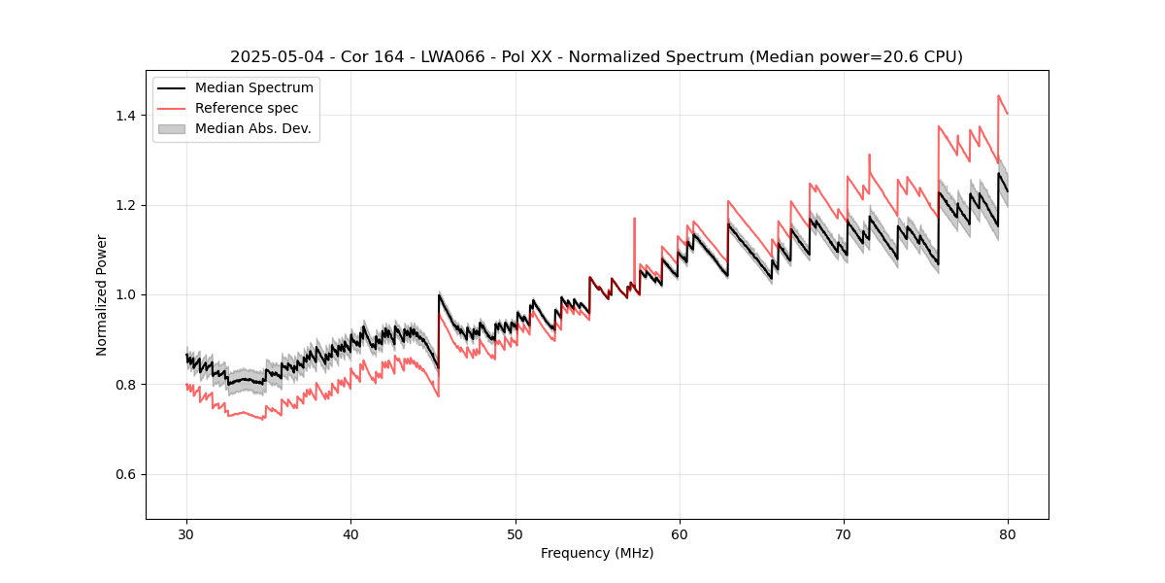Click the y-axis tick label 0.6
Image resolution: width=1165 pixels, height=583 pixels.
(126, 474)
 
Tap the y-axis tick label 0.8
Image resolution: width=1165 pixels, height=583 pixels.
(126, 385)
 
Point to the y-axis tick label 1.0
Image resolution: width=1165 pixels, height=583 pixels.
(126, 294)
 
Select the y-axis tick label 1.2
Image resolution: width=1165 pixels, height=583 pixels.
(126, 205)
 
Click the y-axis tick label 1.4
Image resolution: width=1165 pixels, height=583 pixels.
(126, 116)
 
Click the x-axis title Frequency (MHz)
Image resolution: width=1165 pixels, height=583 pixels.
(597, 553)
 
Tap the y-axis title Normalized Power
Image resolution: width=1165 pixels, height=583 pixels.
(102, 294)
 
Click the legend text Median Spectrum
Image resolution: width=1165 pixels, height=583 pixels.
(254, 88)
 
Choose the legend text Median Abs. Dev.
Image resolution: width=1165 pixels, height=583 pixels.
(253, 128)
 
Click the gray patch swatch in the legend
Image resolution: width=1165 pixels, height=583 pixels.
(171, 128)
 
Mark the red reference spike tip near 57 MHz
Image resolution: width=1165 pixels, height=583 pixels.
(634, 219)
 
